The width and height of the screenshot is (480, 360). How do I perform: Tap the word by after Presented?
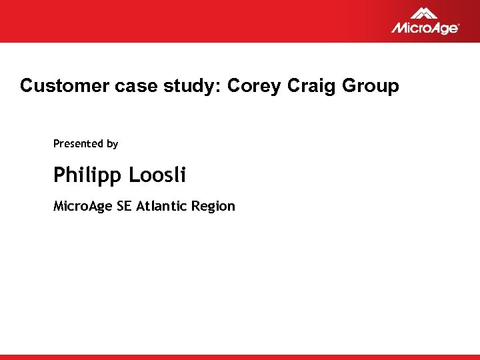(x=112, y=144)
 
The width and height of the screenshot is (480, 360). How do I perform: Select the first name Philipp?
(x=88, y=176)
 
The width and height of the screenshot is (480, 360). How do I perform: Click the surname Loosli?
(x=157, y=175)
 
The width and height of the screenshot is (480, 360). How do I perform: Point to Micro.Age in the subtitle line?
(x=83, y=207)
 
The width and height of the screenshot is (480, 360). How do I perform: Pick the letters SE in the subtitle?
(x=125, y=206)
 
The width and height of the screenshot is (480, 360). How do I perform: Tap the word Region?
(x=213, y=207)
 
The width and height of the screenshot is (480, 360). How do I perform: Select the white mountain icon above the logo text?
(x=423, y=13)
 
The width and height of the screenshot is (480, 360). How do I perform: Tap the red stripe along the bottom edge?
(x=240, y=357)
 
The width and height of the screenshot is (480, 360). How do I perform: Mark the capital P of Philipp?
(x=59, y=175)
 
